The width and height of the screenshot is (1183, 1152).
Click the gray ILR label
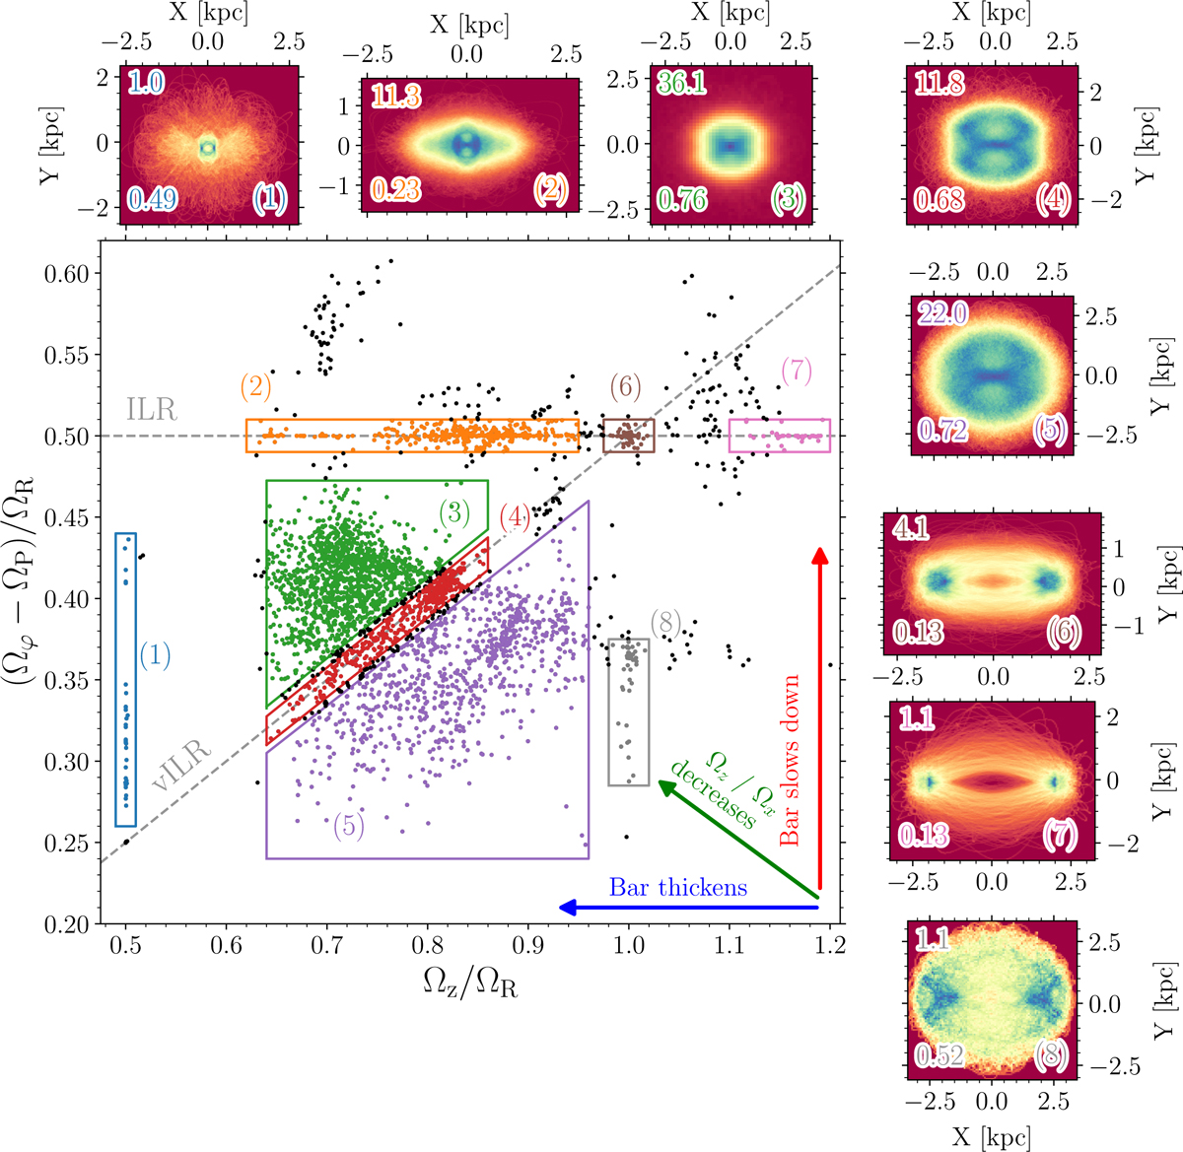click(x=152, y=410)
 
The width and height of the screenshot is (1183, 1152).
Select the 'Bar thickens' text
click(x=678, y=887)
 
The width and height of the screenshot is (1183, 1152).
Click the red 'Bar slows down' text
click(x=789, y=760)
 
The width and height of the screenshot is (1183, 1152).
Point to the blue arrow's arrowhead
click(x=562, y=908)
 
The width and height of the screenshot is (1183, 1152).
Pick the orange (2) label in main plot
click(x=256, y=385)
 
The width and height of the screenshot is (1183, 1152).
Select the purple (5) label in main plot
click(x=349, y=826)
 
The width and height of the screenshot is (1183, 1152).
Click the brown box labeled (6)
click(x=628, y=435)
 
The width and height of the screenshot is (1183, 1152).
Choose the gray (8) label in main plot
click(x=666, y=622)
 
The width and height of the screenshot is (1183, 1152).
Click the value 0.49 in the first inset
click(x=152, y=199)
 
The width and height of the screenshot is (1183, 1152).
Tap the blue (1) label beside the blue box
click(x=155, y=654)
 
